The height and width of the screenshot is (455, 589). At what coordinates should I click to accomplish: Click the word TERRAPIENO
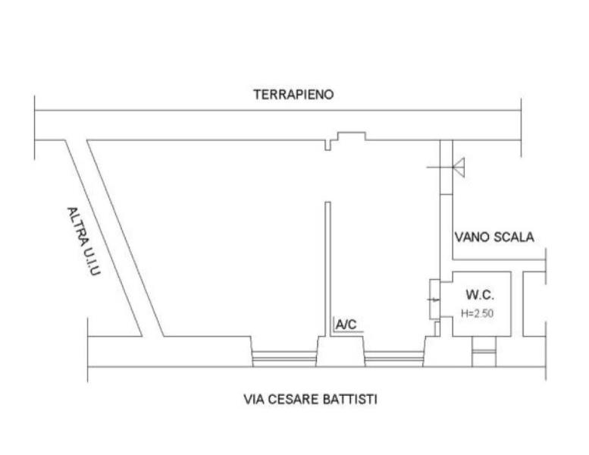[293, 94]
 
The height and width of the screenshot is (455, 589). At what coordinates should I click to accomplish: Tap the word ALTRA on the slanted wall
[78, 226]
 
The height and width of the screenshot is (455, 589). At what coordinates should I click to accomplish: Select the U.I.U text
[93, 262]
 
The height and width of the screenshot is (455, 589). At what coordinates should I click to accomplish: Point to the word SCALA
[513, 237]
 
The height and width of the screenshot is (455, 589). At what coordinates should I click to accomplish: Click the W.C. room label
[480, 295]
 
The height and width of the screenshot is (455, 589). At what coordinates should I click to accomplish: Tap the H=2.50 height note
[477, 313]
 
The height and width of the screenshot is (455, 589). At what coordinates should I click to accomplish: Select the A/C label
[346, 325]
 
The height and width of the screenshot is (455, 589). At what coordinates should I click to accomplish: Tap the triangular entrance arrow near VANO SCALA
[459, 167]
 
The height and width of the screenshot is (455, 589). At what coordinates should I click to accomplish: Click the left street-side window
[284, 359]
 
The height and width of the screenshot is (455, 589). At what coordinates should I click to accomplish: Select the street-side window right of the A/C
[394, 359]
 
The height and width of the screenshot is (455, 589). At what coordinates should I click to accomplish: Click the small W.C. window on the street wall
[484, 352]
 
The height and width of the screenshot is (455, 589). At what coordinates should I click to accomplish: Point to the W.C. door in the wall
[434, 300]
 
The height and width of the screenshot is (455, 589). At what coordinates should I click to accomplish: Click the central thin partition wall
[327, 269]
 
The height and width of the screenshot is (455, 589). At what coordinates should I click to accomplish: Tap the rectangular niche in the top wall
[352, 136]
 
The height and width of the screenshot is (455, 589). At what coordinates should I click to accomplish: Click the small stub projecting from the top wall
[327, 145]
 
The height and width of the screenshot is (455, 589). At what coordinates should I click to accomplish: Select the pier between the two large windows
[340, 351]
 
